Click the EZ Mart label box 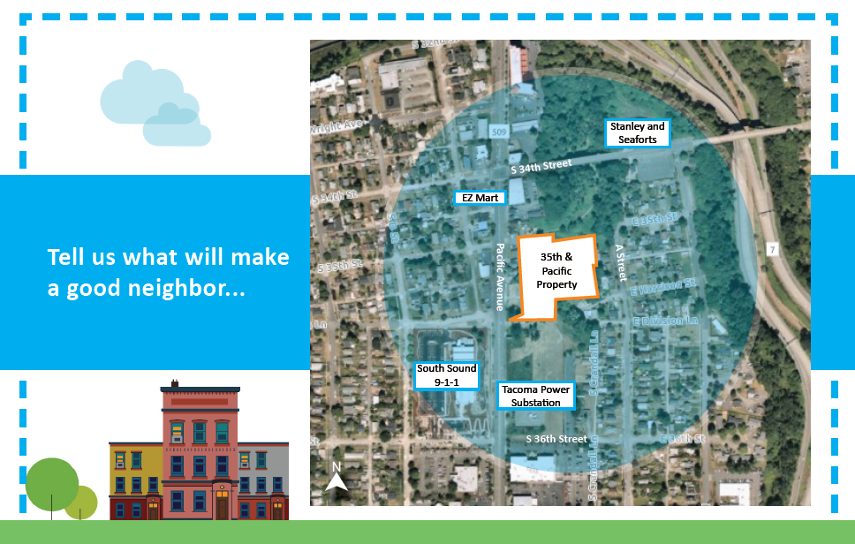click(x=479, y=198)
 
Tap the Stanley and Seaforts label click(x=638, y=133)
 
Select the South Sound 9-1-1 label click(x=447, y=375)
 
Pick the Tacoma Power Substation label click(x=535, y=396)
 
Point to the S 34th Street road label click(x=541, y=165)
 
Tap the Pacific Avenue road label click(x=500, y=277)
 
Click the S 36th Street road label click(x=556, y=439)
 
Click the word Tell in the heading click(x=64, y=257)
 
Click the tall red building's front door click(x=222, y=506)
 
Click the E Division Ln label click(x=663, y=320)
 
